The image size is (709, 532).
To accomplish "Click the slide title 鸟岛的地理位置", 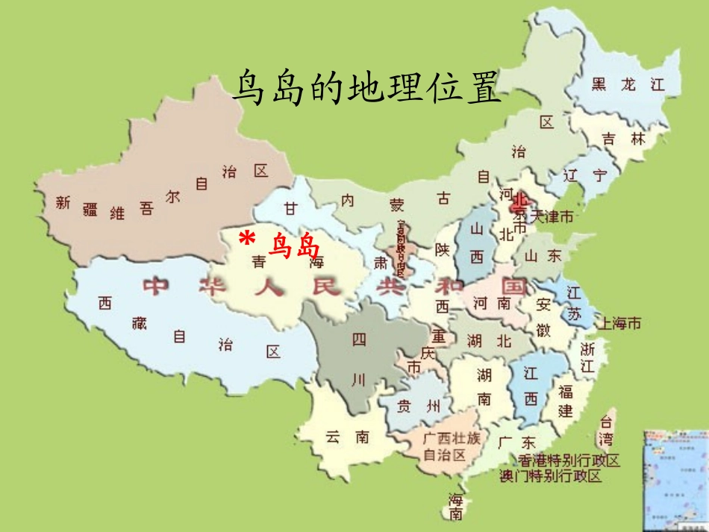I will [365, 88].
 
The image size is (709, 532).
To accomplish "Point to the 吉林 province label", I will [623, 139].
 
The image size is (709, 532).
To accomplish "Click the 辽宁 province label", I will [586, 175].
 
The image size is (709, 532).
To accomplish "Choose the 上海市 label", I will [616, 323].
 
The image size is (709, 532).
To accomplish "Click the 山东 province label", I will [543, 256].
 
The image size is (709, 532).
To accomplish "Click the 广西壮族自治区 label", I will [445, 445].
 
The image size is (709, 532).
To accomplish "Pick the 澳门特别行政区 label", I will [551, 476].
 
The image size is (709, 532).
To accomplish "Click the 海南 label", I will [455, 507].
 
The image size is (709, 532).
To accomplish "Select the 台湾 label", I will [608, 429].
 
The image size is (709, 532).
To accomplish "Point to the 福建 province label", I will [566, 400].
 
